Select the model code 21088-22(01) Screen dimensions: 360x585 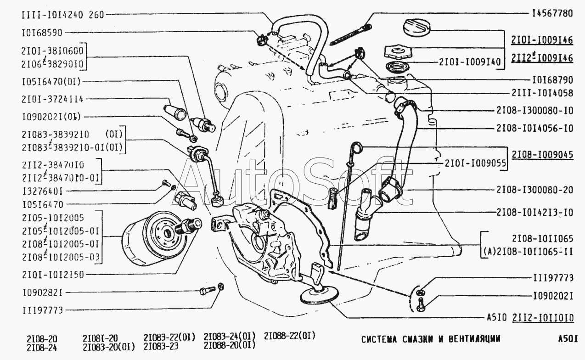pyautogui.click(x=289, y=336)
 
